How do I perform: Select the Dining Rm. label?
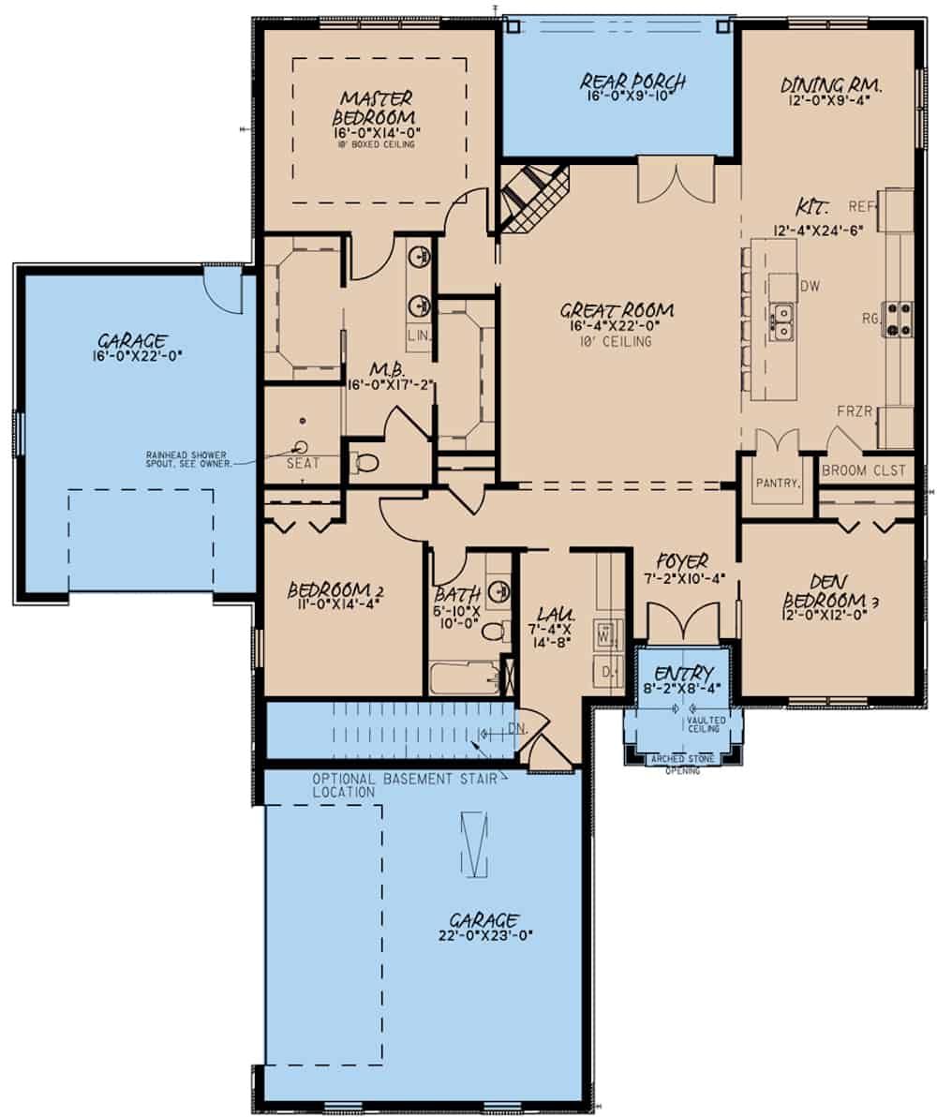click(x=832, y=85)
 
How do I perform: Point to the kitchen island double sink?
click(x=781, y=320)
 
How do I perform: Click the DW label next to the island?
click(x=810, y=286)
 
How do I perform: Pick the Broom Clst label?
click(x=865, y=470)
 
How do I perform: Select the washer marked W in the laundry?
click(x=605, y=635)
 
